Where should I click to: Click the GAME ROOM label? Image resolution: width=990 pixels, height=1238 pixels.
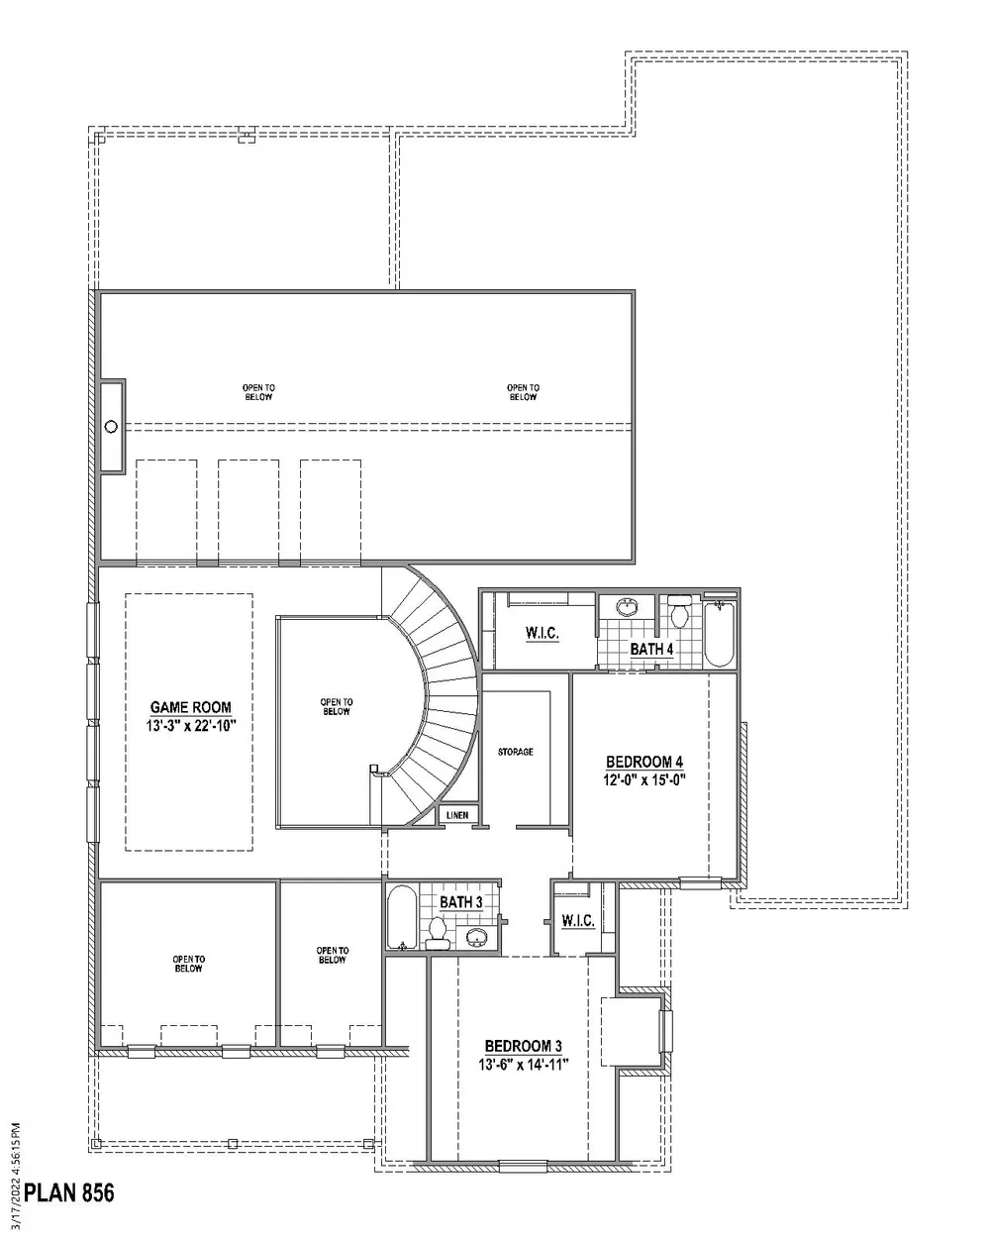click(190, 707)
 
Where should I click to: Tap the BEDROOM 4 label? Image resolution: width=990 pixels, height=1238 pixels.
click(644, 763)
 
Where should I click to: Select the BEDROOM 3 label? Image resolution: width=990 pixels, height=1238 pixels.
click(523, 1046)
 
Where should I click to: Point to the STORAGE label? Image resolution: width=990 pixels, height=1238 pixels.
click(516, 752)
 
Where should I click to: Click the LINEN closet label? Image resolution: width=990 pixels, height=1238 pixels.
click(457, 815)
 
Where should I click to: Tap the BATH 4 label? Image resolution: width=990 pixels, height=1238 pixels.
click(651, 649)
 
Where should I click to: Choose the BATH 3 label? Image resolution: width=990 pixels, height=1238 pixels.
click(460, 902)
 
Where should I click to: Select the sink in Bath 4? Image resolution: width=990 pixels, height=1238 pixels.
click(626, 607)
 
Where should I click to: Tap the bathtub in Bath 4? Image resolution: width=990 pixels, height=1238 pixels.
click(719, 634)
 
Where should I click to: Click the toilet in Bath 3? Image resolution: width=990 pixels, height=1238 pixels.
click(438, 934)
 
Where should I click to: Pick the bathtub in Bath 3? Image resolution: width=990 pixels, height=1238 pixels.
click(401, 917)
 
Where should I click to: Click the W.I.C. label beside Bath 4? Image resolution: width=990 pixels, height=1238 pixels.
click(542, 633)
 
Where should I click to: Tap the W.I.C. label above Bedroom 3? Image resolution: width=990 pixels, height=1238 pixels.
click(577, 920)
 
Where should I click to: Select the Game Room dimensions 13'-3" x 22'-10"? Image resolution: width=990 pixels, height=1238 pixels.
click(191, 726)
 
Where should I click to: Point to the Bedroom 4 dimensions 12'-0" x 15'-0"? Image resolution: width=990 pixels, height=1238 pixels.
click(644, 780)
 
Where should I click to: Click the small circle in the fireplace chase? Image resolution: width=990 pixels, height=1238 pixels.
click(112, 426)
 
